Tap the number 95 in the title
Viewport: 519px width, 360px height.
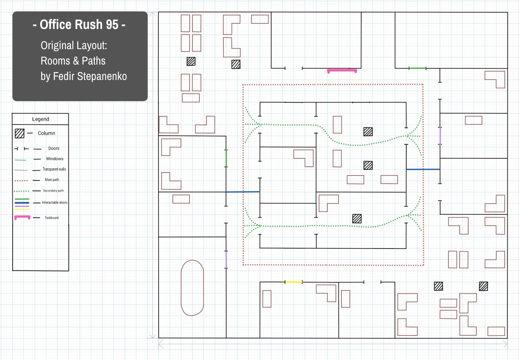coord(110,25)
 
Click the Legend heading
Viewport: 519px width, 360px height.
coord(41,119)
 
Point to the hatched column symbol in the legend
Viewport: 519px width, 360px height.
coord(20,133)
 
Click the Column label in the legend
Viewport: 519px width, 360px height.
coord(46,133)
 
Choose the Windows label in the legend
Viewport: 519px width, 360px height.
coord(54,159)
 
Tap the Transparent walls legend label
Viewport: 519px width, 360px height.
coord(54,169)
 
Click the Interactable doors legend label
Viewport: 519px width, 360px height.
coord(54,203)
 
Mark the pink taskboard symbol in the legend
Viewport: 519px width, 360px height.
coord(22,217)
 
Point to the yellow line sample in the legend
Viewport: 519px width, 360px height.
coord(22,209)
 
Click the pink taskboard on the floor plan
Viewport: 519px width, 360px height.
coord(342,70)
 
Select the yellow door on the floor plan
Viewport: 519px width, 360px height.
coord(294,282)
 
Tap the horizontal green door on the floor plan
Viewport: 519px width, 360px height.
coord(417,68)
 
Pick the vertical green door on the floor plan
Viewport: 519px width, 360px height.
coord(226,158)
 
